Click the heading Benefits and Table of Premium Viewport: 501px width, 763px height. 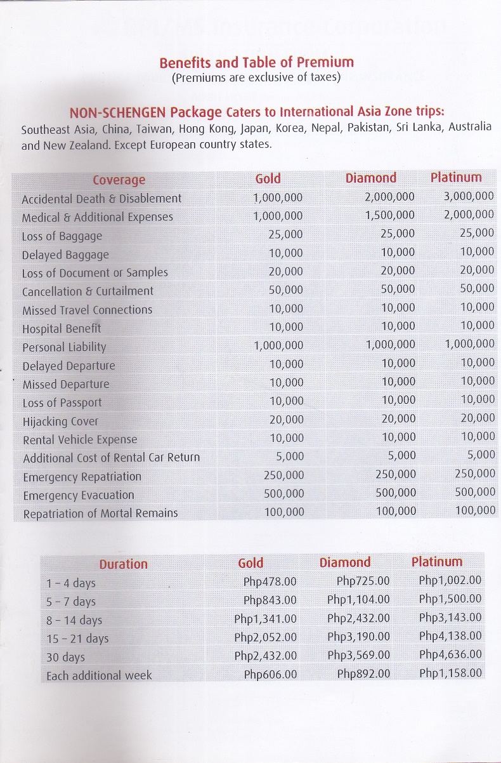(x=256, y=62)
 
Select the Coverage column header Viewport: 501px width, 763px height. (x=119, y=180)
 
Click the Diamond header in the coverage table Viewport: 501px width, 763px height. (x=370, y=178)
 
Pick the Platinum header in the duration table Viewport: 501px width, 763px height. (x=437, y=562)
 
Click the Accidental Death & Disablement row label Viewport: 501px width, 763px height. (x=101, y=199)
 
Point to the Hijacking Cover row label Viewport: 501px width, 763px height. (x=60, y=421)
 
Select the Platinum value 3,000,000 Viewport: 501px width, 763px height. (x=469, y=196)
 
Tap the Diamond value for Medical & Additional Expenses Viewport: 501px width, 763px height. (x=390, y=215)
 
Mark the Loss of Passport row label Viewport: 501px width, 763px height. (x=62, y=402)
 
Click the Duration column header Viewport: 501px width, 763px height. (x=123, y=564)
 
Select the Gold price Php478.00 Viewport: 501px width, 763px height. (x=270, y=581)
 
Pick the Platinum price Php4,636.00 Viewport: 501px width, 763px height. (x=450, y=654)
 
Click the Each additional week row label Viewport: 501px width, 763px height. (x=99, y=675)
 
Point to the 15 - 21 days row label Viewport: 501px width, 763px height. (x=77, y=639)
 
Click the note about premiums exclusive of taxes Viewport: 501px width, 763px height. (x=256, y=78)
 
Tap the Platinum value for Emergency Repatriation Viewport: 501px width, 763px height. (x=475, y=474)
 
